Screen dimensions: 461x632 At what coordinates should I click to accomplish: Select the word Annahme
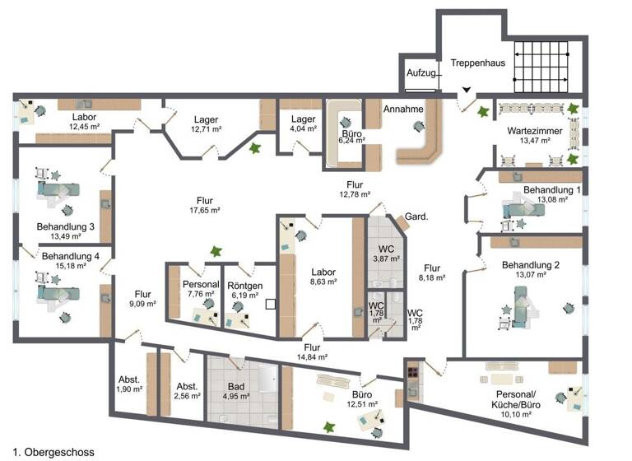[x=404, y=109]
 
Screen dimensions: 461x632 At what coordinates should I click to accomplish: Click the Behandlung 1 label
[x=552, y=189]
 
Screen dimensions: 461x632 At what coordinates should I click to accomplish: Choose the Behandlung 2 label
[x=531, y=265]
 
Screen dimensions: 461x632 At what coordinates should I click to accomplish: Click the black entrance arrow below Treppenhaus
[x=467, y=91]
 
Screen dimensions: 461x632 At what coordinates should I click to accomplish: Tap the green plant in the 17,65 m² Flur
[x=216, y=250]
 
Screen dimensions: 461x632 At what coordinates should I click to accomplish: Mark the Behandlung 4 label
[x=71, y=256]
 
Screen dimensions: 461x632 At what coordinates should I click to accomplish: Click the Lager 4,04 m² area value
[x=304, y=128]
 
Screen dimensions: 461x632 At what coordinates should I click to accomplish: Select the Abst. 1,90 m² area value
[x=129, y=389]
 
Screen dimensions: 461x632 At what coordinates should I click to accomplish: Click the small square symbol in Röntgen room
[x=270, y=303]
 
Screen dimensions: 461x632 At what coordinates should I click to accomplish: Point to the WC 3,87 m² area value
[x=387, y=258]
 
